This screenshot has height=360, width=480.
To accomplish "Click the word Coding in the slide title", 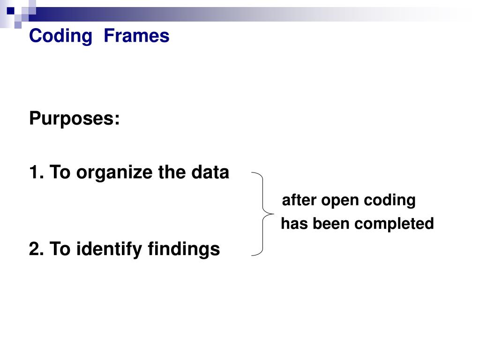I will (x=60, y=36).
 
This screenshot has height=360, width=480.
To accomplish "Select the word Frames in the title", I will (x=136, y=36).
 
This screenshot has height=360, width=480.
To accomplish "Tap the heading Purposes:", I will (x=75, y=119).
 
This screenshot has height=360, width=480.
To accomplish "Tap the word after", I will (x=299, y=201).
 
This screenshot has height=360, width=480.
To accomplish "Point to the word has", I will (x=294, y=224).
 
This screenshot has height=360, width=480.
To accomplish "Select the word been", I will (x=330, y=224).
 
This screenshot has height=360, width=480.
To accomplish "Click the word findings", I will (x=184, y=249).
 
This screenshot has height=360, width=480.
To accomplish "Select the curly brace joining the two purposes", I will (x=263, y=214).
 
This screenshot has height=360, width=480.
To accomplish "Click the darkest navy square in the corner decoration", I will (x=10, y=10).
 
